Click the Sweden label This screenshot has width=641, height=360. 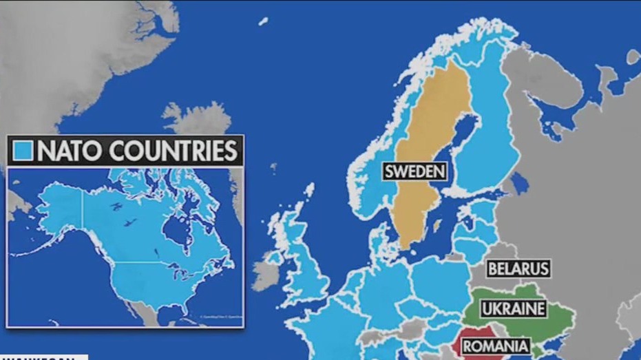pyautogui.click(x=415, y=171)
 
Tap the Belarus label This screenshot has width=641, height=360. pyautogui.click(x=518, y=268)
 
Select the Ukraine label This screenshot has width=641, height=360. pyautogui.click(x=513, y=308)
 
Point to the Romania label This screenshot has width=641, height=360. pyautogui.click(x=496, y=346)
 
